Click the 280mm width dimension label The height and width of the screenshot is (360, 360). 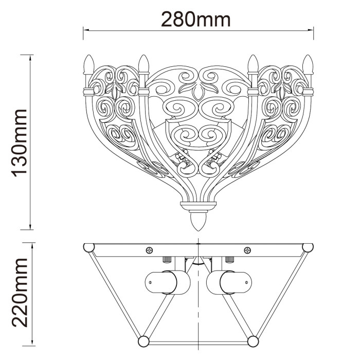point(195,20)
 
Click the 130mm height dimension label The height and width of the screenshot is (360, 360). point(20,143)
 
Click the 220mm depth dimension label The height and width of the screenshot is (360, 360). point(20,292)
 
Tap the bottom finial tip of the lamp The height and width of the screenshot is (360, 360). point(199,231)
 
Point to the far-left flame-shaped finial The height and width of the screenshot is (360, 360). point(89,64)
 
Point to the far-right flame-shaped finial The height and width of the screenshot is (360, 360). point(308,64)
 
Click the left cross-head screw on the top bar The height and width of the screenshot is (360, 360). point(150,250)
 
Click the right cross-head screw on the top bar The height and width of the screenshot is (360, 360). point(247,250)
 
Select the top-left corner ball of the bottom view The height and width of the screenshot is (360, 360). point(89,248)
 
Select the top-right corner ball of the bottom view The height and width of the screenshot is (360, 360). point(308,248)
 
